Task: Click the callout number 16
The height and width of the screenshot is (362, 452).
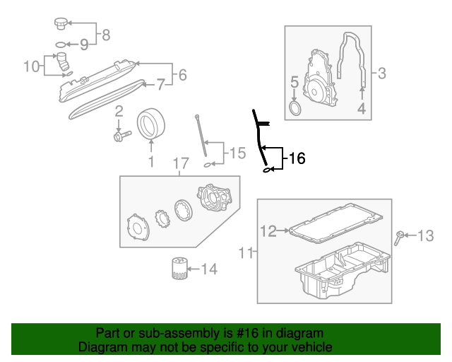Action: click(x=297, y=159)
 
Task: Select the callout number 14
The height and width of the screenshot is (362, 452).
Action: click(x=210, y=269)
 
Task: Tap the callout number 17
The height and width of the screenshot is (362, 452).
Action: click(x=181, y=164)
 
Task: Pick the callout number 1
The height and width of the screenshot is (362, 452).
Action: click(x=150, y=163)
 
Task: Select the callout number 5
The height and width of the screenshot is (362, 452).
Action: click(x=295, y=84)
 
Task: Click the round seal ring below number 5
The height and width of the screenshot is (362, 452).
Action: click(x=295, y=108)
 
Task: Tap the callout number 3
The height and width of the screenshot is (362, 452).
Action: click(x=381, y=72)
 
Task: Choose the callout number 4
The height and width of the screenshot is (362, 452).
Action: click(x=361, y=108)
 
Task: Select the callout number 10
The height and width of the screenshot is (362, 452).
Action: click(x=32, y=66)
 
